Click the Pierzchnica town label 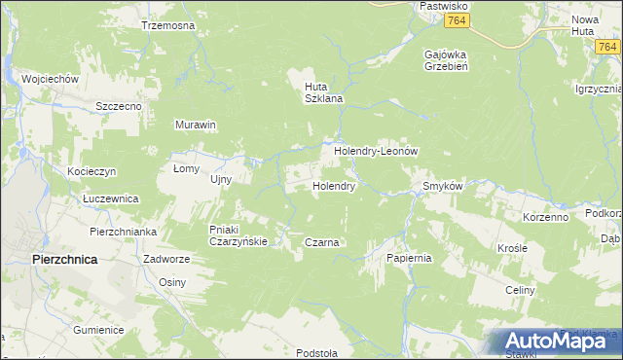[x=64, y=260]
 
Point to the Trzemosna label [x=167, y=25]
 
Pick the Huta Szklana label [x=320, y=91]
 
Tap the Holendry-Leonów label [x=376, y=153]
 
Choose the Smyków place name [x=441, y=186]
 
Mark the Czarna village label [x=321, y=242]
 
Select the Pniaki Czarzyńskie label [x=238, y=235]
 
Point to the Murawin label [x=195, y=126]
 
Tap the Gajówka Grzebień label [x=448, y=61]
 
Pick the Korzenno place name [x=545, y=217]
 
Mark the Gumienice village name [x=97, y=330]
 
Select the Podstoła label [x=317, y=352]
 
